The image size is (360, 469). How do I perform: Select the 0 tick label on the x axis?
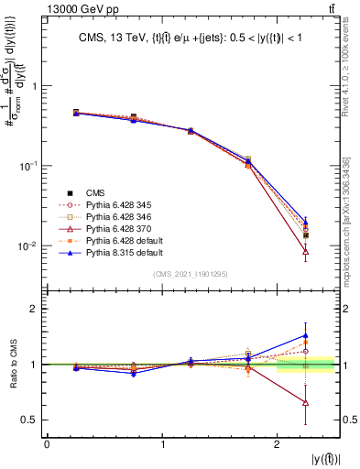(47, 444)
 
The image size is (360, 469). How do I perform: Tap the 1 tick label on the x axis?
(162, 444)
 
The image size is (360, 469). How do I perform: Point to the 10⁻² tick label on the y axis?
(31, 245)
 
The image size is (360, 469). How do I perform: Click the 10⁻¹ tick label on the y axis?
(31, 165)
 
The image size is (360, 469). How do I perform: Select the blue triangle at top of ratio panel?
(306, 336)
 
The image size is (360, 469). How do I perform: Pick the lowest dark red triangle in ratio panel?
(306, 403)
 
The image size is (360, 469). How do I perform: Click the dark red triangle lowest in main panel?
(306, 251)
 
